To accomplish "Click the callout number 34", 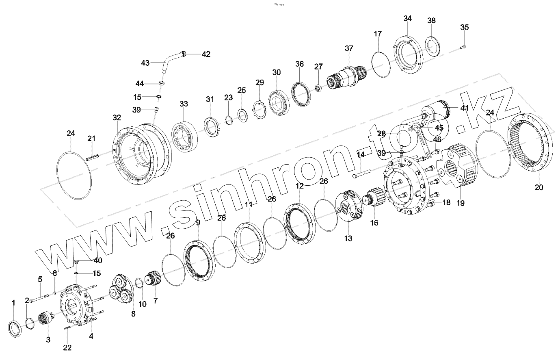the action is coord(407,19).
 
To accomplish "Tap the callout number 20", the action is coord(539,187).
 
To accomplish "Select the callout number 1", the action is coord(13,303).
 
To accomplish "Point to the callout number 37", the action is coord(349,48).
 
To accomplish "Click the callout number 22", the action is coord(67,347).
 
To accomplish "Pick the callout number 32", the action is coord(117,118).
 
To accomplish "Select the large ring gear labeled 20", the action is coord(530,144).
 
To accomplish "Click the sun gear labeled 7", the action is coord(154,280).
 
